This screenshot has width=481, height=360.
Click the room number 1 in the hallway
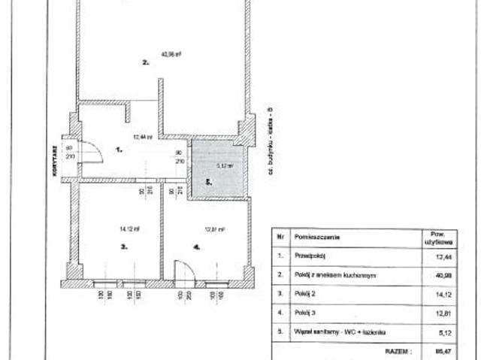(x=118, y=150)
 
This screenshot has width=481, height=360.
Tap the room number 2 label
(x=145, y=63)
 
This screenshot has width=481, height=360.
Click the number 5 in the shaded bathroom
(x=210, y=182)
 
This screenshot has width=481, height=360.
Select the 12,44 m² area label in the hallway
(x=143, y=137)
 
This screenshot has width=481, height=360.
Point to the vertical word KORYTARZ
(x=56, y=160)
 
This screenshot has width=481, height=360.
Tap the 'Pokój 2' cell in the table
(x=304, y=295)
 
